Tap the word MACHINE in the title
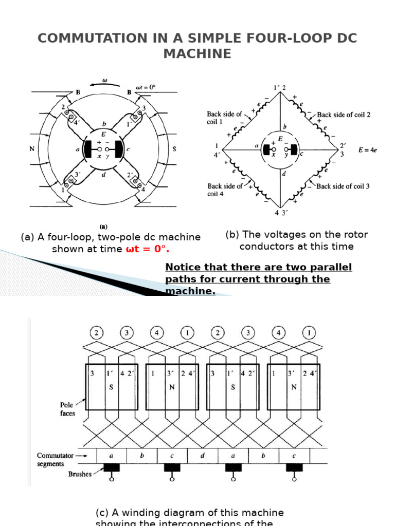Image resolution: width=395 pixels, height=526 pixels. [x=197, y=53]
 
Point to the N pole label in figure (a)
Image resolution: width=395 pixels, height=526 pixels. [x=32, y=149]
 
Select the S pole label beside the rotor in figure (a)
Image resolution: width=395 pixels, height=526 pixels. [x=174, y=149]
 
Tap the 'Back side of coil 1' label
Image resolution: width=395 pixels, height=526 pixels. [x=224, y=118]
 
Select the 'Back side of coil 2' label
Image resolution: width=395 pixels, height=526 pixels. [x=344, y=115]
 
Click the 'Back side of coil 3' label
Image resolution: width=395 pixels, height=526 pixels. [x=343, y=186]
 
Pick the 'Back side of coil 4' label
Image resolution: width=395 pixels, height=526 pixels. [x=225, y=190]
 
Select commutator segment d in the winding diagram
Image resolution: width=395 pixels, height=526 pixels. [x=203, y=456]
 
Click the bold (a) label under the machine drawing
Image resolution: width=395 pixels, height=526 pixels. [x=102, y=226]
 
